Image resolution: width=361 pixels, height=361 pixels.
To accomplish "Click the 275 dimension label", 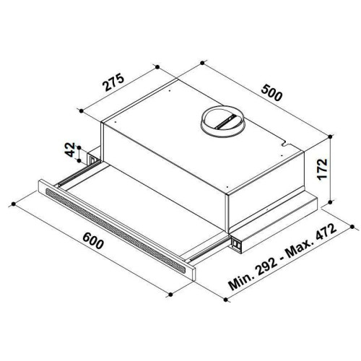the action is [x=113, y=82].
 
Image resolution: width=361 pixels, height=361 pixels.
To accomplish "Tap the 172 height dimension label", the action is [x=323, y=169].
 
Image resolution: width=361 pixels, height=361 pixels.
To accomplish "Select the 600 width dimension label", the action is [x=93, y=240].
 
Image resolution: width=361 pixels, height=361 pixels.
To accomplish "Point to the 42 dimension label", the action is [x=70, y=149].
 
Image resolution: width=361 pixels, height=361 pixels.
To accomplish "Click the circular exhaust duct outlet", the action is [x=222, y=121].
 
